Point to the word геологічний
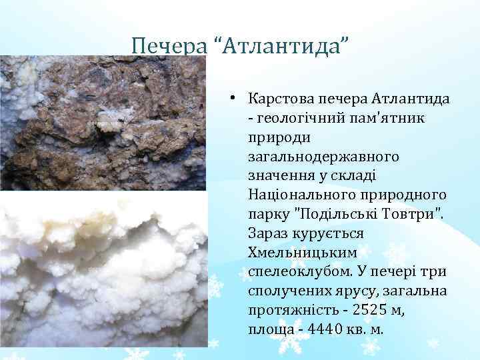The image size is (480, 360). click(x=293, y=118)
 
